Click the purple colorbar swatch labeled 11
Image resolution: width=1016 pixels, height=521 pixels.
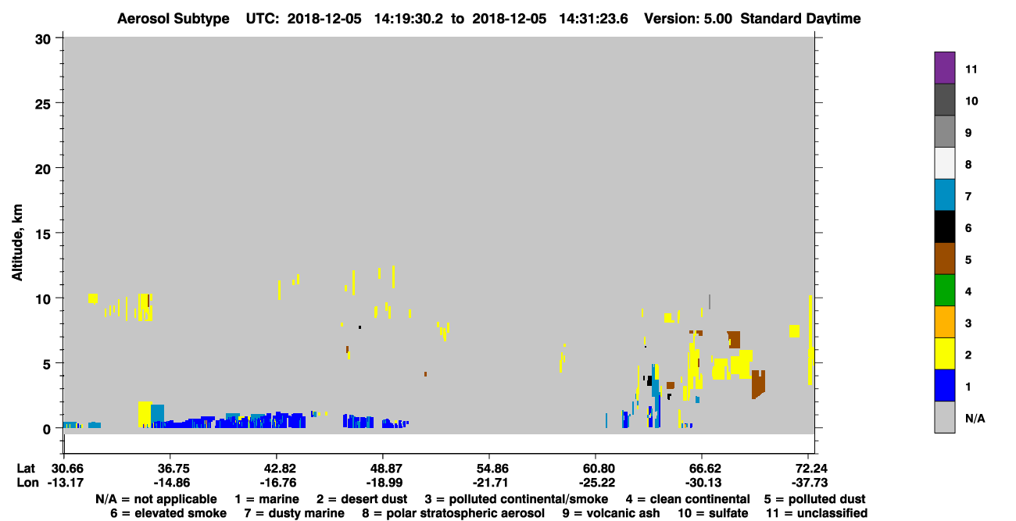coord(944,67)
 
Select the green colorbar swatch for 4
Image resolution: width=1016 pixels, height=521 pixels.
coord(944,291)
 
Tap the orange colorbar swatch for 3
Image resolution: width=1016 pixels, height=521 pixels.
coord(944,322)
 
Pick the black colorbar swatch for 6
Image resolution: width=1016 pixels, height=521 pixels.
coord(944,227)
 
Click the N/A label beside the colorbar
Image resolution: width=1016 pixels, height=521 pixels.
coord(975,418)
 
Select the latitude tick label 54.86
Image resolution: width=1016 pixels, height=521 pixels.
coord(489,468)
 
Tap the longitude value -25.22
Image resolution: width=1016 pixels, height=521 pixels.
coord(596,483)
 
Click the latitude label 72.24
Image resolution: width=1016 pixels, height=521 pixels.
coord(809,468)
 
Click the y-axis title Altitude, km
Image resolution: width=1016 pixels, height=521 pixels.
coord(16,243)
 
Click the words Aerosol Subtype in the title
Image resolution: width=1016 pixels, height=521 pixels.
coord(174,19)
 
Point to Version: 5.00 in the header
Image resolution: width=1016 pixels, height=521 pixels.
coord(688,19)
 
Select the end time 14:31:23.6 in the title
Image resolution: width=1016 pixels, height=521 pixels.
coord(593,19)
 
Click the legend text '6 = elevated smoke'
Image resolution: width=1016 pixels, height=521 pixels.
coord(168,513)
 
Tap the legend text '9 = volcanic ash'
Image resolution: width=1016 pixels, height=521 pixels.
coord(611,513)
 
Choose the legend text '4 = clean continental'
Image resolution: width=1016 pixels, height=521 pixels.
coord(688,499)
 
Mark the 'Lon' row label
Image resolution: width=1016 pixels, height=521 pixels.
coord(27,483)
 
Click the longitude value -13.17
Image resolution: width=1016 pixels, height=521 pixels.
coord(66,483)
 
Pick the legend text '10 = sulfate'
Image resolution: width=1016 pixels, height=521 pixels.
coord(713,513)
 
